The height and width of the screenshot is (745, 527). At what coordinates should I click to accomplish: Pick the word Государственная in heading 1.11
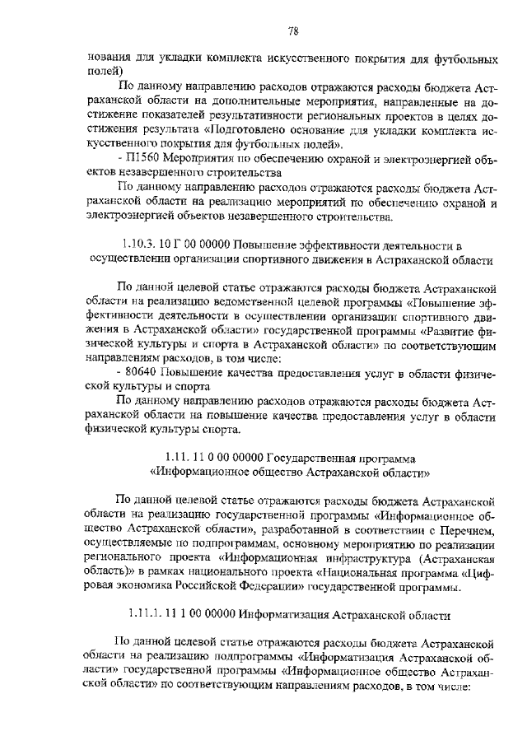[311, 457]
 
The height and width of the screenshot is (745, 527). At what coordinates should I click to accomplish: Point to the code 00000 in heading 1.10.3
[212, 244]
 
